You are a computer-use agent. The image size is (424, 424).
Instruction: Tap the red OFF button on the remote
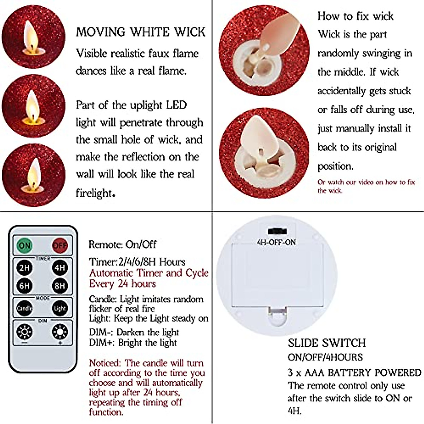coord(60,245)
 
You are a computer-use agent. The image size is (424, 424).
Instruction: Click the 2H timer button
coord(24,267)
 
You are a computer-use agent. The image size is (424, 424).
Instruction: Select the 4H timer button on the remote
coord(60,267)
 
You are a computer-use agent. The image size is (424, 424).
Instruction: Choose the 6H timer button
coord(24,285)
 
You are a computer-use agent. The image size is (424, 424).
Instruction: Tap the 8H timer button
coord(60,285)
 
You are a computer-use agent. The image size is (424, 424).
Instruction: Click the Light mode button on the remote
coord(60,308)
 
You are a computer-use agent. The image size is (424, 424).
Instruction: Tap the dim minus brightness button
coord(24,332)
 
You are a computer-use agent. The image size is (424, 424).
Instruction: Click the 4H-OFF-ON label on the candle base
coord(276,242)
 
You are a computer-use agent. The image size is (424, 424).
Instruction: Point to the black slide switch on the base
coord(277,231)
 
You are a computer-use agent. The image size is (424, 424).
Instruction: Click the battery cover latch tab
coord(276,312)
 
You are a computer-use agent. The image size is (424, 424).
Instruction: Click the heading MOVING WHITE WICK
coord(140,32)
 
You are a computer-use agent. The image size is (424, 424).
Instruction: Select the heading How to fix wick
coord(355,16)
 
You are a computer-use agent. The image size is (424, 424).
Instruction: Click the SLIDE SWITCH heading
coord(327,343)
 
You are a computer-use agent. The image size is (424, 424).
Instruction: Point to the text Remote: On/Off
coord(122,245)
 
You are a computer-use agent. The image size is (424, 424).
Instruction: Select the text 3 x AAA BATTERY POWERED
coord(354,373)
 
